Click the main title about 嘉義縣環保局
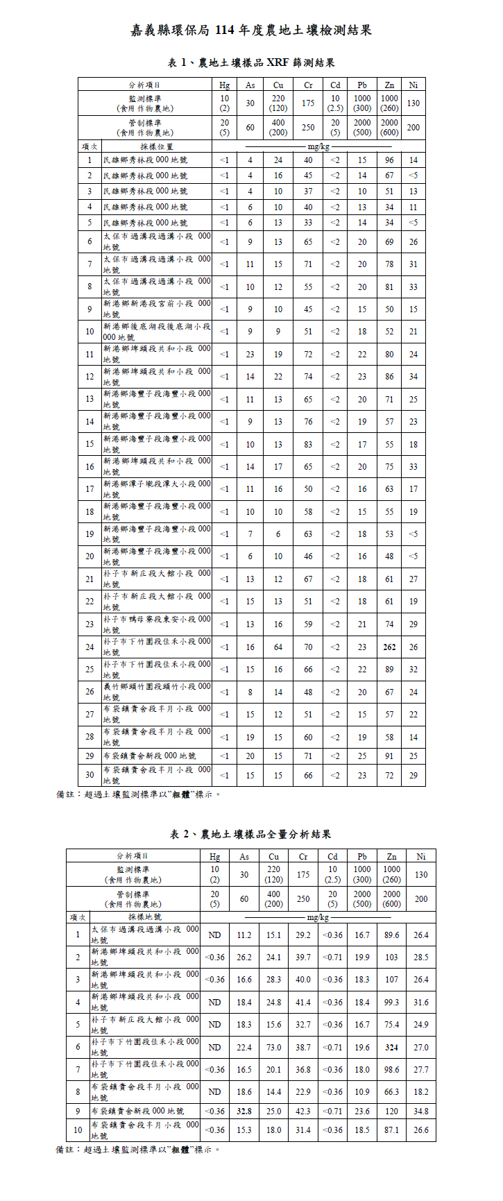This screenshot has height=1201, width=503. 251,30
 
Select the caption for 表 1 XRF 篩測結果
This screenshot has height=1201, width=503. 251,63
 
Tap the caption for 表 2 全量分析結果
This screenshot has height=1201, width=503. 251,834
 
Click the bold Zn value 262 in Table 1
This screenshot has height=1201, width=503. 389,647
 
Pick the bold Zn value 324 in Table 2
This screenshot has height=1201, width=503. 392,1048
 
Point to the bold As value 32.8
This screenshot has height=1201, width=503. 244,1111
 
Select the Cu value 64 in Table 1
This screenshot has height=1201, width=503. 278,647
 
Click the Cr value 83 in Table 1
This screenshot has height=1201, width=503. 308,444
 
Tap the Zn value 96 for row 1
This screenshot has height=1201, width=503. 389,160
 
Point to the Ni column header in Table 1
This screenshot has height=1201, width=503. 414,85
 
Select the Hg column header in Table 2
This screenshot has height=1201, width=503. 215,856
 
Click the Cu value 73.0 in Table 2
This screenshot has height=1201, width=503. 274,1048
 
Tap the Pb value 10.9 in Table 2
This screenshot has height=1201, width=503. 362,1092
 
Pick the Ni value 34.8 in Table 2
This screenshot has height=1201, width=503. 421,1111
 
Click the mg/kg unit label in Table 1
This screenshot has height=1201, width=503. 318,146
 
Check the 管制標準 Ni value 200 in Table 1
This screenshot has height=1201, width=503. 414,127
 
